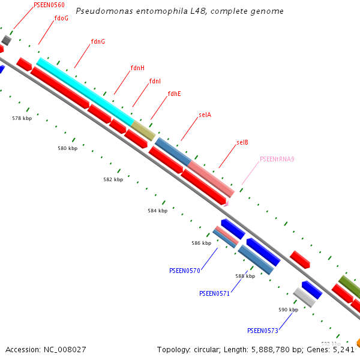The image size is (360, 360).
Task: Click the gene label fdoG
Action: [61, 18]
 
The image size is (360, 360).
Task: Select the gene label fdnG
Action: [98, 41]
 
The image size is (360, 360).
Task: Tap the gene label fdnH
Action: [137, 68]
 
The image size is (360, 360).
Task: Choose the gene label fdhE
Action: [174, 94]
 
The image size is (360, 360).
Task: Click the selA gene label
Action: [205, 115]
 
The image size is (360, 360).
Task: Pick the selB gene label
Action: [242, 142]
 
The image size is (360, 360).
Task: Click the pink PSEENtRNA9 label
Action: [277, 159]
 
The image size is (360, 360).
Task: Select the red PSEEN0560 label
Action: [49, 5]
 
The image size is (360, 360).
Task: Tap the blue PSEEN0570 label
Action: [185, 271]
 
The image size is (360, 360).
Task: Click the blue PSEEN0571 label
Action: [214, 293]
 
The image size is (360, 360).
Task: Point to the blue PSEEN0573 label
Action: [262, 331]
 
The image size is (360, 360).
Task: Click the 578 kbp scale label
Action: [22, 118]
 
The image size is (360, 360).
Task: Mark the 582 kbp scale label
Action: [113, 179]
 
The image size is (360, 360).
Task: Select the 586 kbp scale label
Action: [201, 243]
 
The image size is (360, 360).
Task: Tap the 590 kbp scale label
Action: [288, 310]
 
